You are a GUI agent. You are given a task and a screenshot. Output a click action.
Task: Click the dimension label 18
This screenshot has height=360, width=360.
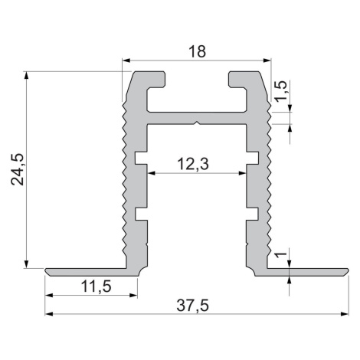tap(197, 51)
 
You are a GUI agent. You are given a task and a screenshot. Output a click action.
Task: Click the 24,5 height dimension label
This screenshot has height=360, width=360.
tap(18, 169)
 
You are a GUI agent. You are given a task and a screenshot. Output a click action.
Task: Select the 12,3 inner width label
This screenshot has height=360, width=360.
tap(193, 164)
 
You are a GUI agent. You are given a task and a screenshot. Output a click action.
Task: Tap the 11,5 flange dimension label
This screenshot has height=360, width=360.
tap(97, 286)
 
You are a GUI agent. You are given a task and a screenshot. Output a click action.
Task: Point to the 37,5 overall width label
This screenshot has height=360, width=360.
tap(193, 306)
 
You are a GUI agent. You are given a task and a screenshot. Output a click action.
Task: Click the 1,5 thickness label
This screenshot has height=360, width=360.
tap(281, 90)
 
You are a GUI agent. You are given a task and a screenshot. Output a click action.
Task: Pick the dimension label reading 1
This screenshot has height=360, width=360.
tap(281, 254)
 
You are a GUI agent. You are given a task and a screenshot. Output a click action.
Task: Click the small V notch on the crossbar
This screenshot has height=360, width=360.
tap(196, 123)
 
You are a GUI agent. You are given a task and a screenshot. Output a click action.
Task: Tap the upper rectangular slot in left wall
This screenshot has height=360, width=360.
tap(141, 158)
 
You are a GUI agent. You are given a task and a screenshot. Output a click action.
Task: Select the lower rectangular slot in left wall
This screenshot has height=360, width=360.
tap(141, 214)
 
